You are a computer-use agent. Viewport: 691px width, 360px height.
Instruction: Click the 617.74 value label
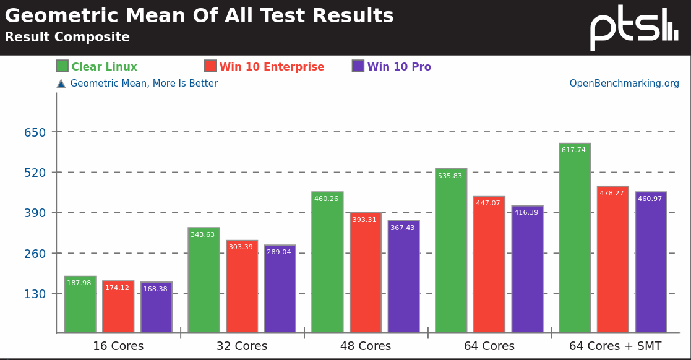click(x=573, y=150)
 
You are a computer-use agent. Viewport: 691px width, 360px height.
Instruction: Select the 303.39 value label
click(x=241, y=247)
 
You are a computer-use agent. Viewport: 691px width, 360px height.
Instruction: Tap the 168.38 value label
click(x=155, y=289)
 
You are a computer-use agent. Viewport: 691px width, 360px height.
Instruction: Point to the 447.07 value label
click(x=488, y=204)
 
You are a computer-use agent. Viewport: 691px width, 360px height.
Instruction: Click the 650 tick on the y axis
click(x=35, y=132)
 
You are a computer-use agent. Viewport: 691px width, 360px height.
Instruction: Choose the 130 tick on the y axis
click(x=35, y=294)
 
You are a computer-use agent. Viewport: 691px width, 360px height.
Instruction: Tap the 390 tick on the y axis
click(x=35, y=213)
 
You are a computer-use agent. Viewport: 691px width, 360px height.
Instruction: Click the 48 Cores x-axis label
click(x=366, y=346)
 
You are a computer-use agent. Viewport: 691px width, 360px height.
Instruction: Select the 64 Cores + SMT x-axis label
click(x=615, y=346)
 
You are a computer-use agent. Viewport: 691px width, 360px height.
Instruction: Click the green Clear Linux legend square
click(x=62, y=66)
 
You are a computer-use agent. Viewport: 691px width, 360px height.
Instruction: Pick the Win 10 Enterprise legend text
click(x=272, y=67)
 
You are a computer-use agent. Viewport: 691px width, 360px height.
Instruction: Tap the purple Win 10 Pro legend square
click(x=358, y=66)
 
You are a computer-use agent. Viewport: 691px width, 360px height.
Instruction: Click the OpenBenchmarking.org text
click(x=624, y=84)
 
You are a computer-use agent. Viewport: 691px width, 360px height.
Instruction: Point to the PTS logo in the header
click(x=633, y=27)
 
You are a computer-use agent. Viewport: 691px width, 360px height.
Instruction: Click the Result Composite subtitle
click(x=67, y=37)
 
